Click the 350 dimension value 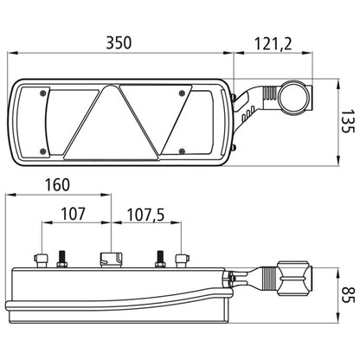pos(119,42)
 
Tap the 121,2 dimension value pos(273,44)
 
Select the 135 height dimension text pos(348,121)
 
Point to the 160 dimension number pos(57,184)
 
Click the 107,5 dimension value pos(145,215)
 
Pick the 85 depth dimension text pos(348,294)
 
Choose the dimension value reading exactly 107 pos(73,214)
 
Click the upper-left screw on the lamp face pos(43,93)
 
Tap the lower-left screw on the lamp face pos(43,151)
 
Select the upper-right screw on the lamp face pos(182,93)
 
